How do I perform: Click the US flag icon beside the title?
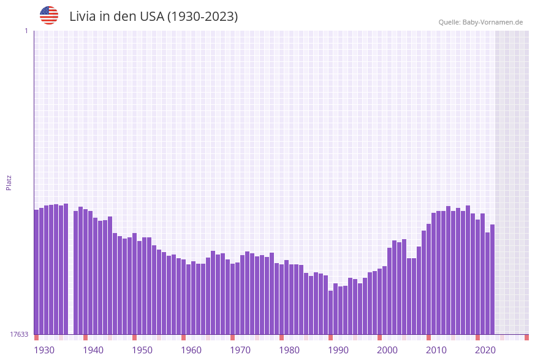pos(49,15)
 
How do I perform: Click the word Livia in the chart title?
pos(82,17)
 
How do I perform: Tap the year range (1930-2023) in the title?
pos(202,17)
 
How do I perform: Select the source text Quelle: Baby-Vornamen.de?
pos(480,22)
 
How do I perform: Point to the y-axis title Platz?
pos(9,182)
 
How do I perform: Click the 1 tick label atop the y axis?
pos(26,31)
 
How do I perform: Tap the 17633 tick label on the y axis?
pos(19,334)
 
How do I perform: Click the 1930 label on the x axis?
pos(44,350)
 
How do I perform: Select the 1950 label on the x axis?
pos(142,350)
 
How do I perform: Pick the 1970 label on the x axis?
pos(240,350)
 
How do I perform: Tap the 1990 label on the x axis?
pos(338,350)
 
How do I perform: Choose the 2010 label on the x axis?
pos(436,350)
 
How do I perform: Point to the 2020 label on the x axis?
pos(485,350)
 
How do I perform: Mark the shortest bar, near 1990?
pos(330,313)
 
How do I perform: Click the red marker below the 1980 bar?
pos(281,337)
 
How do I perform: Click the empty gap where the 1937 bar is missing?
pos(71,276)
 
